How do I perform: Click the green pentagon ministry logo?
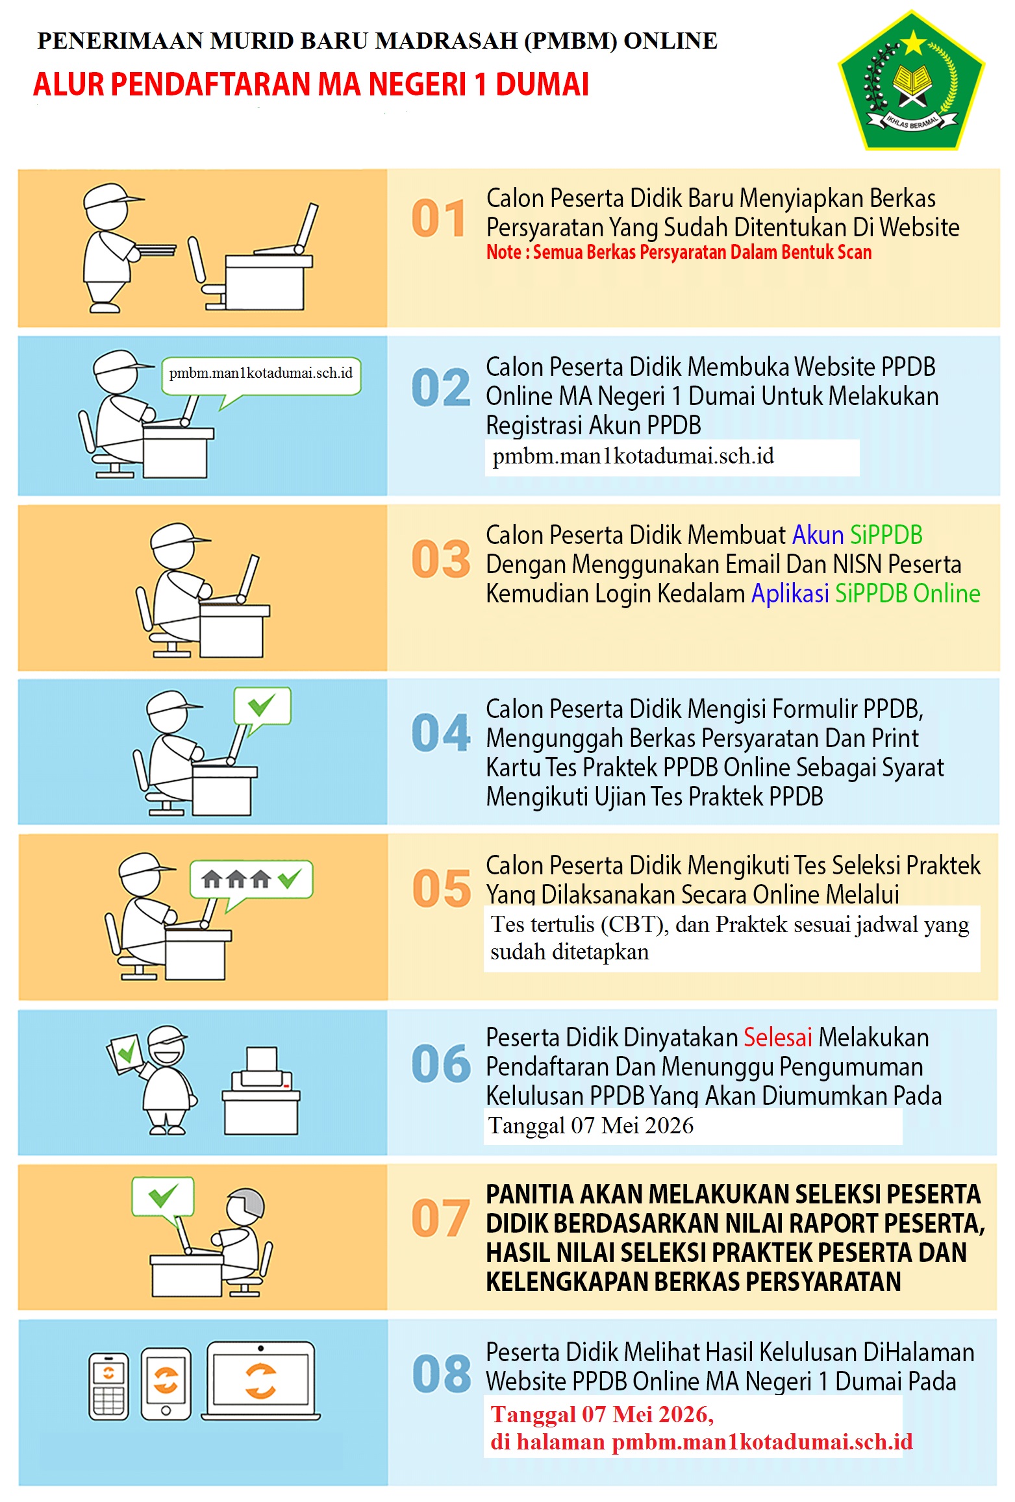911,80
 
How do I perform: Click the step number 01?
438,218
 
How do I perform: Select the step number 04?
441,732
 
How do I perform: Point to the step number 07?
440,1218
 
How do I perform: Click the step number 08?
442,1373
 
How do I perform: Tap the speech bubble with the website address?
261,379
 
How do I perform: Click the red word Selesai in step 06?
777,1037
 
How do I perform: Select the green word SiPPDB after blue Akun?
886,535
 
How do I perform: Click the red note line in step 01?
679,252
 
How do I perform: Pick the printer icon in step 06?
261,1090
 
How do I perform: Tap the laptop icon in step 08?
261,1380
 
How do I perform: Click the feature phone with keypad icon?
108,1386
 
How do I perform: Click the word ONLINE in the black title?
670,41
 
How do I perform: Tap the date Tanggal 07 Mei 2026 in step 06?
591,1125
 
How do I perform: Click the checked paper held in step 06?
125,1052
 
